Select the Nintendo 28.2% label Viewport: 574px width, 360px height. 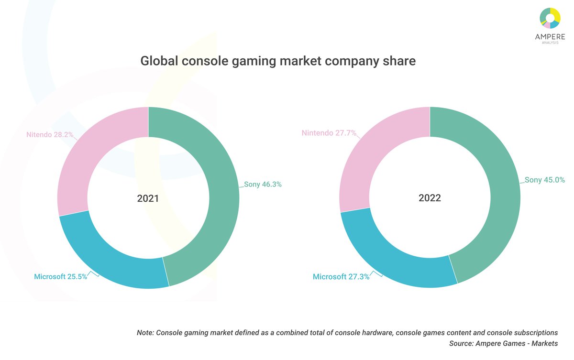(50, 135)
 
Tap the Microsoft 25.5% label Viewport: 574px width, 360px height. (60, 276)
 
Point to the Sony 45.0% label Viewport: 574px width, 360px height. (545, 180)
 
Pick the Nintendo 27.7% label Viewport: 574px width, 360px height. (329, 133)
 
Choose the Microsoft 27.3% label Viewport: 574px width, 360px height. (341, 277)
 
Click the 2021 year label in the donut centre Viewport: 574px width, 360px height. (148, 198)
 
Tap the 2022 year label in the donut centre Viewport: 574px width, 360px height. (430, 198)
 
